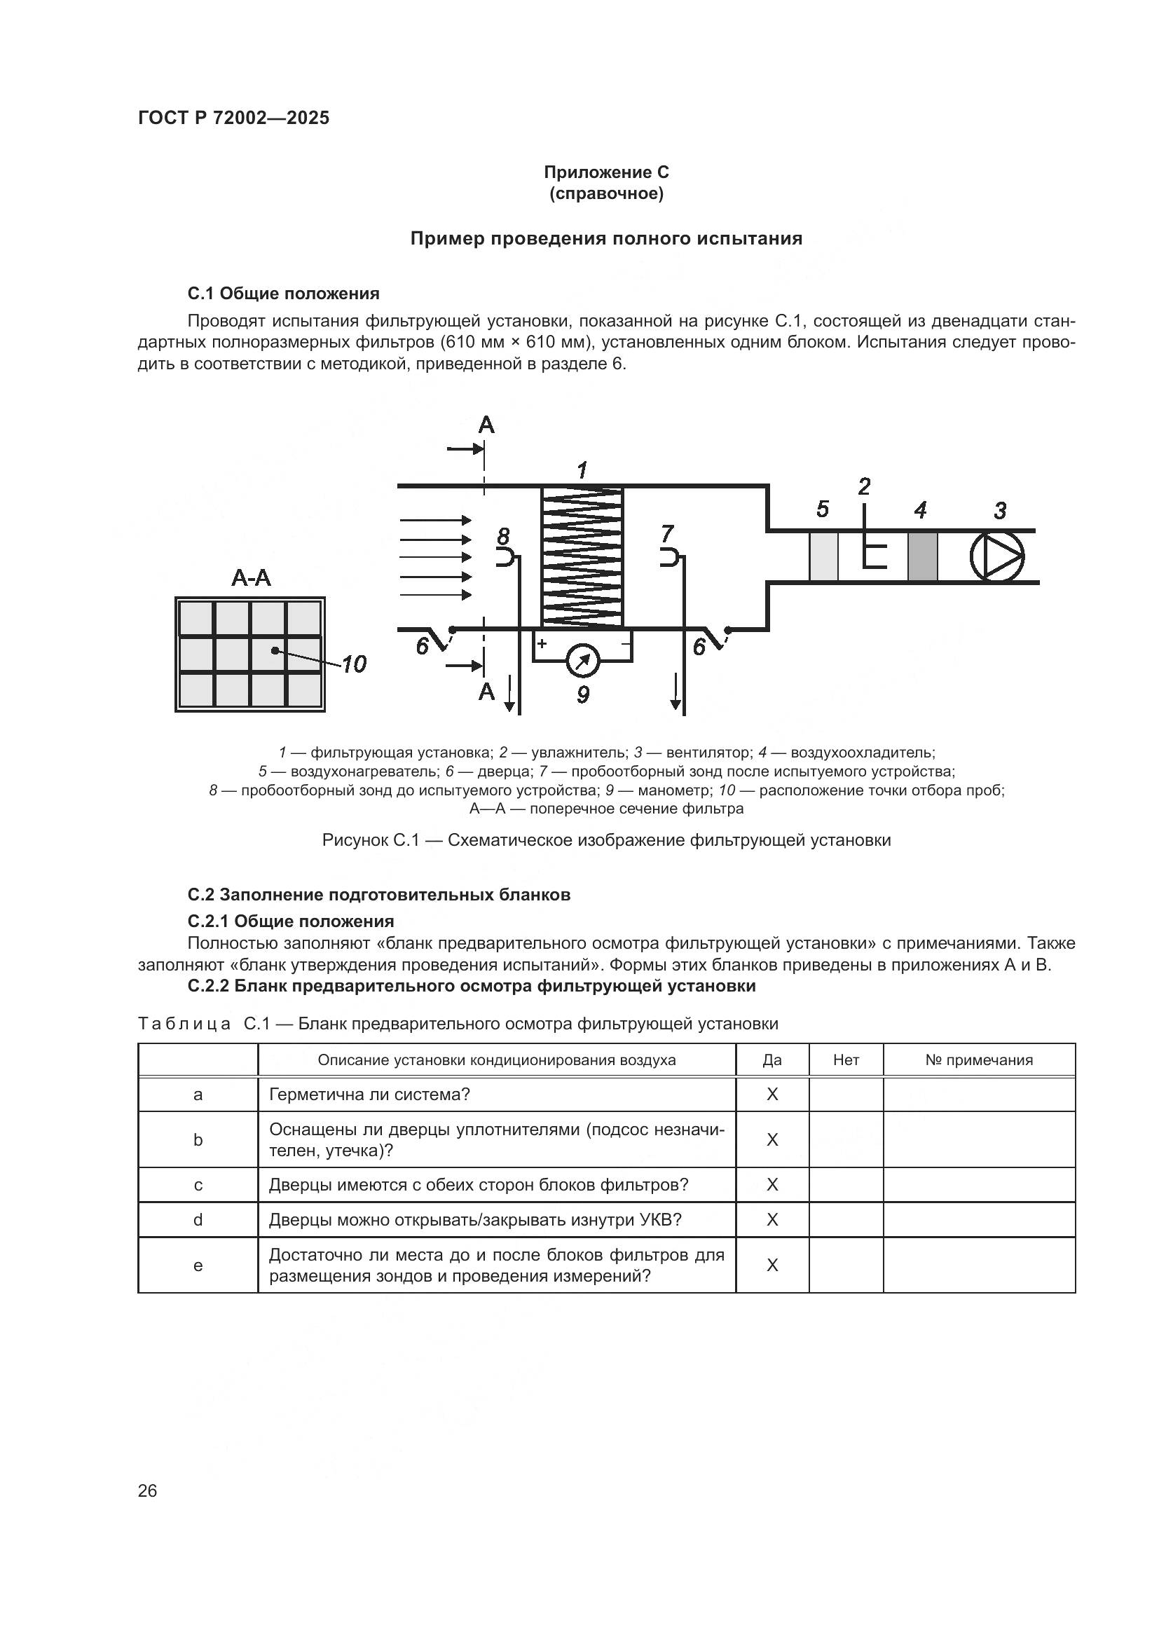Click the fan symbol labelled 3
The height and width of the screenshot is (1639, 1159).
tap(997, 556)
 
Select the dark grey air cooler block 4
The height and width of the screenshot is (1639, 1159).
tap(922, 556)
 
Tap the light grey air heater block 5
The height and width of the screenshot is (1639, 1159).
tap(823, 556)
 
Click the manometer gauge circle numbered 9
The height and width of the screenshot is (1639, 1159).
tap(583, 661)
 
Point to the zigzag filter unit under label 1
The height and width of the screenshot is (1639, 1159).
tap(582, 557)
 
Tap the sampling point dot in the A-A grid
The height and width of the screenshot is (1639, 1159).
tap(275, 650)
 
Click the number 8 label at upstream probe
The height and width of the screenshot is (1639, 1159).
tap(504, 535)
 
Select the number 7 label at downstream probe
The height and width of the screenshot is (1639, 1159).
tap(667, 533)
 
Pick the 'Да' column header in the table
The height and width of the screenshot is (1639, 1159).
tap(772, 1060)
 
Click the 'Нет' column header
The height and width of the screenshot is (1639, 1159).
tap(846, 1060)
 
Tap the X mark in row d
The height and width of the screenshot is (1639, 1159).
tap(772, 1220)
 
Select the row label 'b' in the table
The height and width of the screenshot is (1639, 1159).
tap(198, 1140)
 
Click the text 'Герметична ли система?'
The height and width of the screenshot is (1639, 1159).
tap(369, 1095)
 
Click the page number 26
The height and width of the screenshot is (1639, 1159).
tap(147, 1490)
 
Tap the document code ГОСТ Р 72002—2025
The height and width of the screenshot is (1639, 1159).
tap(233, 118)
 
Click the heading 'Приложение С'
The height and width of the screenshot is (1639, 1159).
tap(606, 172)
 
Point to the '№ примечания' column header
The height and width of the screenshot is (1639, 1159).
tap(978, 1060)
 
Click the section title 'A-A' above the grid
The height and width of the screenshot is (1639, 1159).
tap(252, 577)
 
